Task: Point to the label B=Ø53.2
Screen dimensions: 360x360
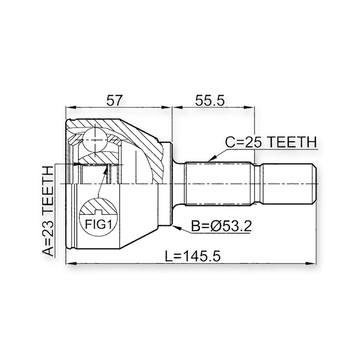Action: tap(221, 226)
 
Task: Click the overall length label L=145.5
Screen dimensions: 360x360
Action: tap(193, 256)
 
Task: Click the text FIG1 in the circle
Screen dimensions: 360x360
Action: tap(98, 224)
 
